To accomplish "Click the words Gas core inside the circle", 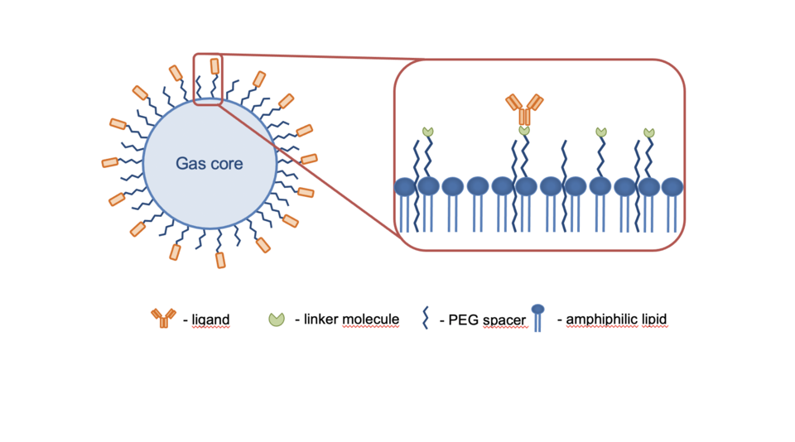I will (209, 164).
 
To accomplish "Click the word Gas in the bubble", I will (188, 164).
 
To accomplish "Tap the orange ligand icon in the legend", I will (163, 317).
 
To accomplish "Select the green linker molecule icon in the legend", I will (277, 319).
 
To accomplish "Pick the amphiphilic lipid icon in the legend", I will (537, 318).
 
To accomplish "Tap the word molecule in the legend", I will (373, 319).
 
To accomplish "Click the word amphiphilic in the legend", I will (601, 319).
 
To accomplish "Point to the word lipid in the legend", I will (653, 319).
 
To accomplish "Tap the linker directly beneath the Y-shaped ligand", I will (524, 131).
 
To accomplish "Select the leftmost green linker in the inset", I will (427, 132).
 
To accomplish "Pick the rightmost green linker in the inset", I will (649, 132).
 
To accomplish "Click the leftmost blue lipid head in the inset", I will (405, 186).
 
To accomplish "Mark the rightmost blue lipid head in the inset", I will (672, 186).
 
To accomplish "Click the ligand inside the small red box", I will (215, 65).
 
